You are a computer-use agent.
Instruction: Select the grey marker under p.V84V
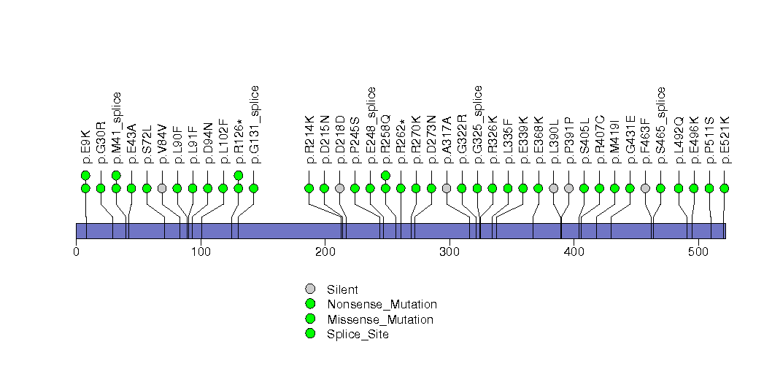162,188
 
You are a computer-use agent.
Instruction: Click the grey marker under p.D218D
340,188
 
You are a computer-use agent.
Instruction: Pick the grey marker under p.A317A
447,188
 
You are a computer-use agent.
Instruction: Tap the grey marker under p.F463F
645,188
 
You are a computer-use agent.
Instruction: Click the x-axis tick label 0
76,252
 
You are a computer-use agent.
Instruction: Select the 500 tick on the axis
698,252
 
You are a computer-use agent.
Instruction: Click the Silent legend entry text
342,289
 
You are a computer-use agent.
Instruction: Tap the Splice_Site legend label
358,335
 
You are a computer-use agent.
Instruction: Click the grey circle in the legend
310,289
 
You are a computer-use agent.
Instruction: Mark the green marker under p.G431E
630,188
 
